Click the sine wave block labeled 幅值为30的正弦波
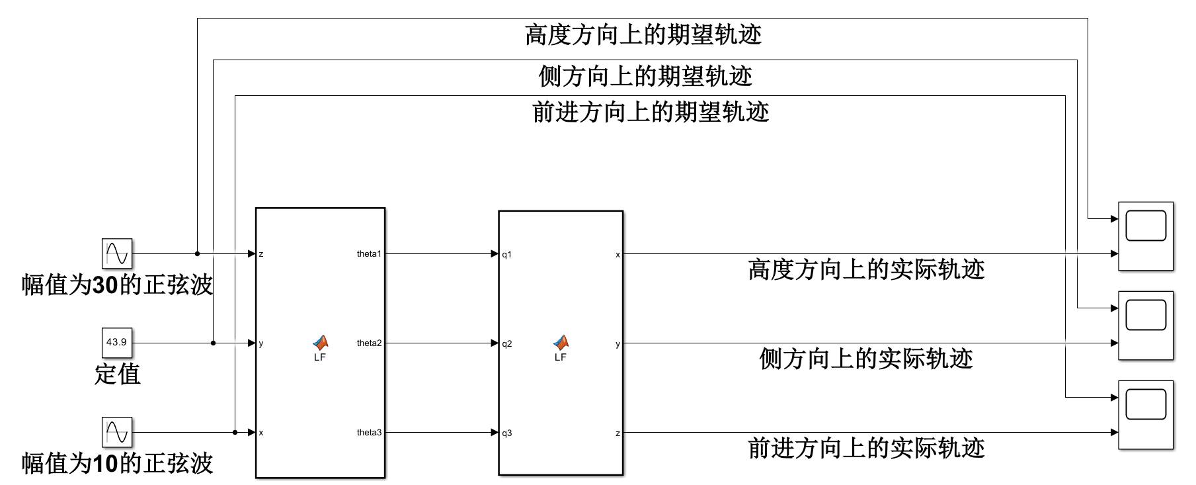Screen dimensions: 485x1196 coord(117,253)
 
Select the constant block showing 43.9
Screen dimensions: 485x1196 coord(117,342)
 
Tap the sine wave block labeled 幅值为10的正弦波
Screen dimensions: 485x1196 coord(117,432)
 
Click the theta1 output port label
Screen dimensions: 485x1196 coord(369,254)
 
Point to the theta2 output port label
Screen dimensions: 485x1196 coord(369,343)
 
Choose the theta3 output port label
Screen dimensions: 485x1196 coord(369,433)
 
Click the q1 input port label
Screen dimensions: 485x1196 coord(507,255)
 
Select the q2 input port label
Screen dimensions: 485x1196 coord(507,344)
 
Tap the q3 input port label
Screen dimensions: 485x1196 coord(507,433)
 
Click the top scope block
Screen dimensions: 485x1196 coord(1146,236)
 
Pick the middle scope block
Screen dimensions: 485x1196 coord(1146,326)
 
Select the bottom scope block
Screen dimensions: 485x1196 coord(1146,415)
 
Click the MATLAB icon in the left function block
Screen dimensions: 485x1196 coord(320,343)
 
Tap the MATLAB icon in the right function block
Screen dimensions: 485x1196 coord(561,343)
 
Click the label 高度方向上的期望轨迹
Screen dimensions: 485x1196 coord(643,34)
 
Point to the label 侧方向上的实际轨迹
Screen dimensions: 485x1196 coord(866,359)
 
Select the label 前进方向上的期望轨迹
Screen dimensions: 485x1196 coord(651,112)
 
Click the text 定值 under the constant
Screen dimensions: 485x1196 coord(118,374)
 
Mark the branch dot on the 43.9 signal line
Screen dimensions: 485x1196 coord(213,343)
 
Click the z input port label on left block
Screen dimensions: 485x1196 coord(261,254)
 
